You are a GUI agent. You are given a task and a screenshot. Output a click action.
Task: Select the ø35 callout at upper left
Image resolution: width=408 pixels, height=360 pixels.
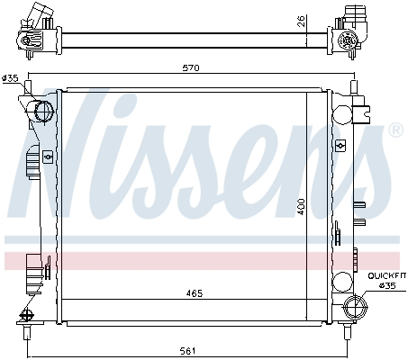(11, 78)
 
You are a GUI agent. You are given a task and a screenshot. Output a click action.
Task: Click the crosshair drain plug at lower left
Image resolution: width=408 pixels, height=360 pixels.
(26, 315)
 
